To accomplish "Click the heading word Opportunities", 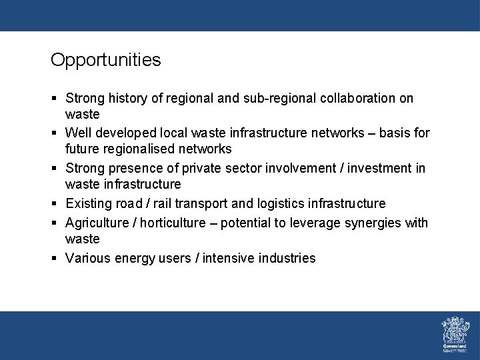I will pos(105,60).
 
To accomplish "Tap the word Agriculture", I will pos(96,223).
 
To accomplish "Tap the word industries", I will pos(286,258).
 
